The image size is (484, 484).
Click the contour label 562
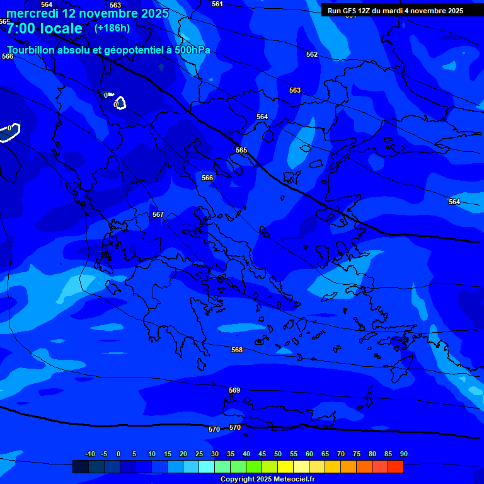click(312, 55)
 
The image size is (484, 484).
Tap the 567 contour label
click(158, 215)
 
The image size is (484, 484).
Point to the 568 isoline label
click(237, 350)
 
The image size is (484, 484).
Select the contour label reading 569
click(234, 391)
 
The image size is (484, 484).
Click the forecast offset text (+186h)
click(112, 28)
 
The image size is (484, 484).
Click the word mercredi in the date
click(33, 13)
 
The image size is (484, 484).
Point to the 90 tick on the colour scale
click(404, 454)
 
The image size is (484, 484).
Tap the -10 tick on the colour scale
click(89, 454)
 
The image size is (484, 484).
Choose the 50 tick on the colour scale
click(278, 454)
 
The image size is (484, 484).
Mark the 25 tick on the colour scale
click(199, 454)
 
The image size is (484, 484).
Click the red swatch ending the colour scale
click(396, 467)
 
